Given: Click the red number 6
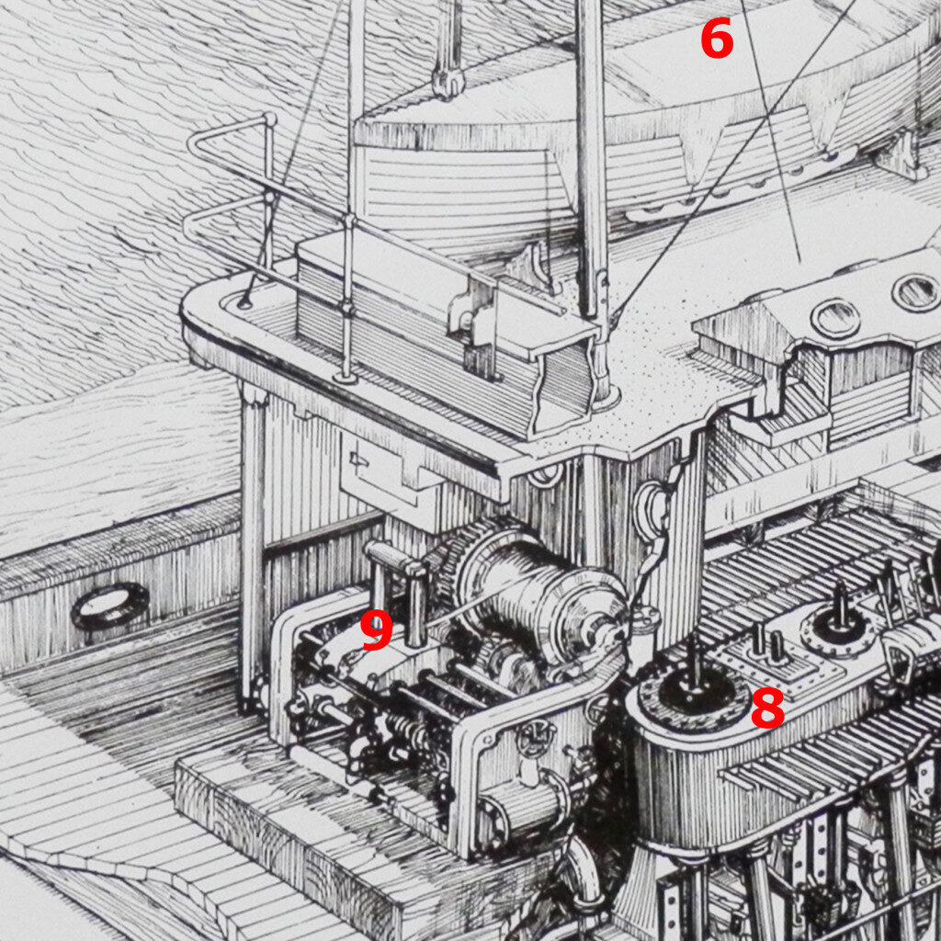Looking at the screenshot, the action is coord(717,39).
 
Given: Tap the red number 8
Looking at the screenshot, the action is coord(767,709).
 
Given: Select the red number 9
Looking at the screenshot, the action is coord(376,630).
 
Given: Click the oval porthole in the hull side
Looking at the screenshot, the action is coord(110,606).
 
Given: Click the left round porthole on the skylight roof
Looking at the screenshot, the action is coord(835,319).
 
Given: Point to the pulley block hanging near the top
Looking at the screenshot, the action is coord(448,81).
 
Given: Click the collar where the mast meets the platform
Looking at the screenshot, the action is coord(603,396).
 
